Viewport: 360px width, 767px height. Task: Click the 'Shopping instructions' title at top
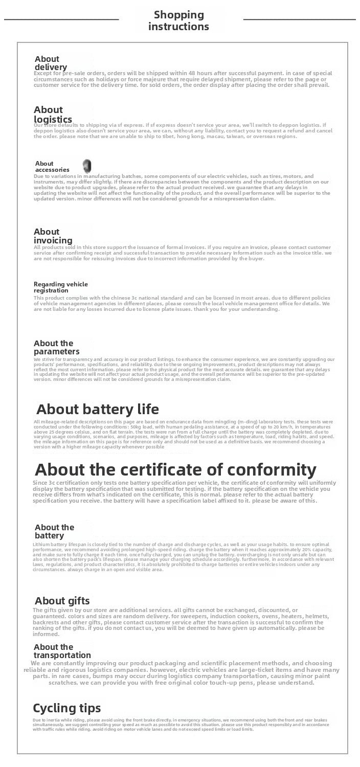[x=178, y=20]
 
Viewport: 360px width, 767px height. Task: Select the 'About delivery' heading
[x=50, y=63]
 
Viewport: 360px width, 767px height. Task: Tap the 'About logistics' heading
[x=53, y=115]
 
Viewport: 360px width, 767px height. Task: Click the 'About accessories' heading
[x=52, y=166]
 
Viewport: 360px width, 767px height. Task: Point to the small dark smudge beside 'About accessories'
[x=87, y=165]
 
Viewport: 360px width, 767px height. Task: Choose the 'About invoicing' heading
[x=53, y=236]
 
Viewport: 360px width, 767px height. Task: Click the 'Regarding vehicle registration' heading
[x=60, y=287]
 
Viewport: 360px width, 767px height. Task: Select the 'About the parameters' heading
[x=56, y=347]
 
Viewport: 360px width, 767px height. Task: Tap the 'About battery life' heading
[x=97, y=409]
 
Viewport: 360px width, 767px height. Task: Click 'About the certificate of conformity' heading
[x=175, y=469]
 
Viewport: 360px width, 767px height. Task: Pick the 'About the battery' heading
[x=54, y=531]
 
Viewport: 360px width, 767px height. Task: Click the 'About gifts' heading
[x=62, y=600]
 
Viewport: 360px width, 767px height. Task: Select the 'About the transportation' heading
[x=62, y=651]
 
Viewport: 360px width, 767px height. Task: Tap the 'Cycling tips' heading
[x=66, y=708]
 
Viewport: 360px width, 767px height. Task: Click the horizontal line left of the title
[x=61, y=19]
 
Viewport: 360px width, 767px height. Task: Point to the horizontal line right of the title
[x=299, y=19]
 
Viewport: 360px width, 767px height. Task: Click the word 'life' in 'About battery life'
[x=145, y=409]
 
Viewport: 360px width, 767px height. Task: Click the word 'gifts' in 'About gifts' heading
[x=76, y=600]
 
